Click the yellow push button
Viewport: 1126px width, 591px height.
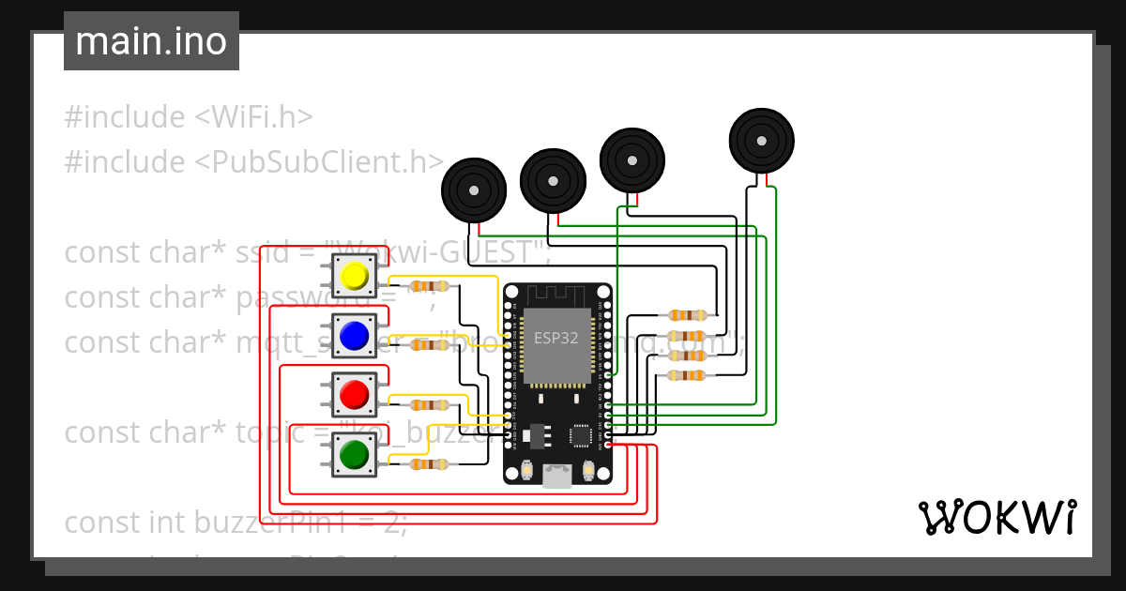coord(355,276)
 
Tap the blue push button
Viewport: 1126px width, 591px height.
coord(354,335)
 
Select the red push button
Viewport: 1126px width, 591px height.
coord(354,395)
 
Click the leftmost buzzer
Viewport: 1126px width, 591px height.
coord(475,190)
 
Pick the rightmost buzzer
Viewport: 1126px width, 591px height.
coord(763,141)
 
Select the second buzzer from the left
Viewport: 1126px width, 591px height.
coord(553,180)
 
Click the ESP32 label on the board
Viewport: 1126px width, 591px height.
coord(556,338)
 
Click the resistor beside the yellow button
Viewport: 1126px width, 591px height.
coord(431,286)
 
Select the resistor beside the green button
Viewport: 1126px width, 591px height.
coord(431,464)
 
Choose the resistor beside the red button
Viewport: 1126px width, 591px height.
coord(431,405)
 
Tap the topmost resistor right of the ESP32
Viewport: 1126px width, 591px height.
coord(686,315)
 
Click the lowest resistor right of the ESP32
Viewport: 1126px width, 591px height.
coord(686,376)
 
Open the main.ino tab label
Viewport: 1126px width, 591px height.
coord(151,41)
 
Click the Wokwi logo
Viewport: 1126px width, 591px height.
coord(997,517)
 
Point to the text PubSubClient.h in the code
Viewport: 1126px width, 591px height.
coord(318,162)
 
